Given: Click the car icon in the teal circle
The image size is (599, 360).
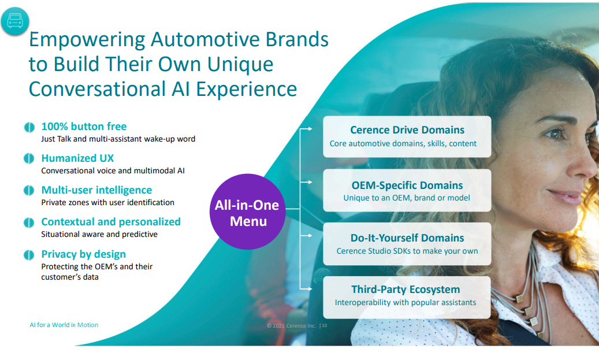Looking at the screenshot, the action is pyautogui.click(x=15, y=21).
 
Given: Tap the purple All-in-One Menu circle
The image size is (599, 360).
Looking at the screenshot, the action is pyautogui.click(x=248, y=211).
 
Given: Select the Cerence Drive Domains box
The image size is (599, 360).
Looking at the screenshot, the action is pyautogui.click(x=407, y=137).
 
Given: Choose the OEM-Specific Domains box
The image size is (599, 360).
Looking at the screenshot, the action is pyautogui.click(x=407, y=190).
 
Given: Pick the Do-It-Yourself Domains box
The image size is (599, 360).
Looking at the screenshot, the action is pyautogui.click(x=407, y=244).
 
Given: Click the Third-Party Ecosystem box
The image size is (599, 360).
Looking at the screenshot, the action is pyautogui.click(x=407, y=298).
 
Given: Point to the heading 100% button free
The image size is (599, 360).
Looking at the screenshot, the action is pyautogui.click(x=84, y=127).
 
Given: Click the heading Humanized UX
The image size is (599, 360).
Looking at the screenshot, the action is pyautogui.click(x=77, y=158).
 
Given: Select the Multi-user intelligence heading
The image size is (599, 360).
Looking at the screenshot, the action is pyautogui.click(x=96, y=190).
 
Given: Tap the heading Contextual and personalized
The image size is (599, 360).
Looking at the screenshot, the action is pyautogui.click(x=111, y=222).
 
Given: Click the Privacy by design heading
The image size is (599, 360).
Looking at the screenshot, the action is pyautogui.click(x=83, y=254).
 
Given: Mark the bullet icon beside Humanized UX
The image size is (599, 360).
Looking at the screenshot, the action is pyautogui.click(x=29, y=158).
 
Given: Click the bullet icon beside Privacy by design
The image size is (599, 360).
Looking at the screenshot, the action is pyautogui.click(x=29, y=254).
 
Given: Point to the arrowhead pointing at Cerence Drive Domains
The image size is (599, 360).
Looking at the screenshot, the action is pyautogui.click(x=310, y=129).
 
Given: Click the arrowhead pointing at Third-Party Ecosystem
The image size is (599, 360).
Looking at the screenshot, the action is pyautogui.click(x=310, y=289).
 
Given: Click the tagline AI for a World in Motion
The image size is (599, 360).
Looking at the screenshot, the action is pyautogui.click(x=64, y=325).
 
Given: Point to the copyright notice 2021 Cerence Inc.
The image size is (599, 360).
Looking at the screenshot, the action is pyautogui.click(x=292, y=325).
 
